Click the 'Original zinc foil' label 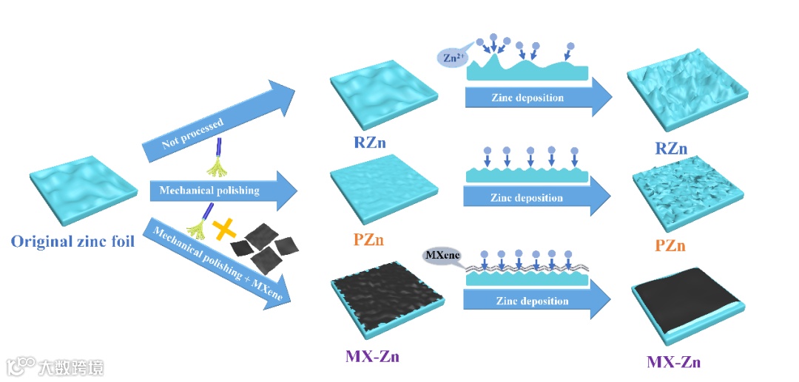click(73, 240)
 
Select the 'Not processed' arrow click(215, 119)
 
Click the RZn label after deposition click(671, 149)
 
